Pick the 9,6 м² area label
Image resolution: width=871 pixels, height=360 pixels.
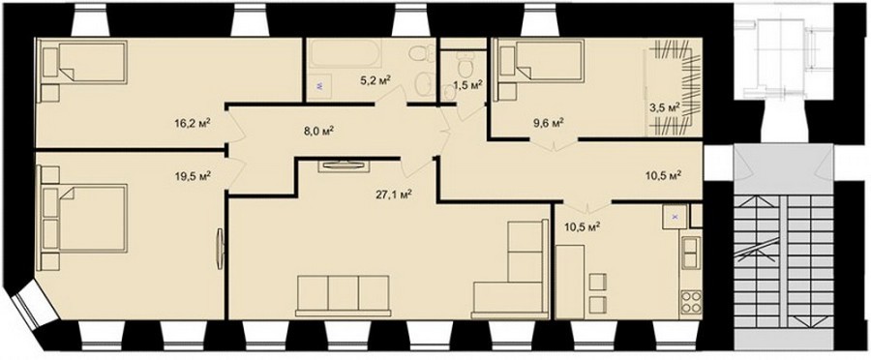click(546, 122)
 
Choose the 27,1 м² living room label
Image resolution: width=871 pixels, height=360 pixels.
click(394, 195)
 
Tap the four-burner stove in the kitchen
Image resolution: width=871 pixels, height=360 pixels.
click(690, 303)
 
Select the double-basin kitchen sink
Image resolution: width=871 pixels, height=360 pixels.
click(691, 253)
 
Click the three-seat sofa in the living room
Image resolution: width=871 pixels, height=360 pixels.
click(343, 295)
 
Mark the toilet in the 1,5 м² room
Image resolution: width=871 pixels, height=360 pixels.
click(464, 64)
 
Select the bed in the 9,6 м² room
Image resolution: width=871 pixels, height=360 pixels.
click(540, 58)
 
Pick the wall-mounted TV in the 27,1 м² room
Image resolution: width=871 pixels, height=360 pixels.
click(345, 165)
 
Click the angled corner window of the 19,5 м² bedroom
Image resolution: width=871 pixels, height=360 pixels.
click(35, 305)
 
